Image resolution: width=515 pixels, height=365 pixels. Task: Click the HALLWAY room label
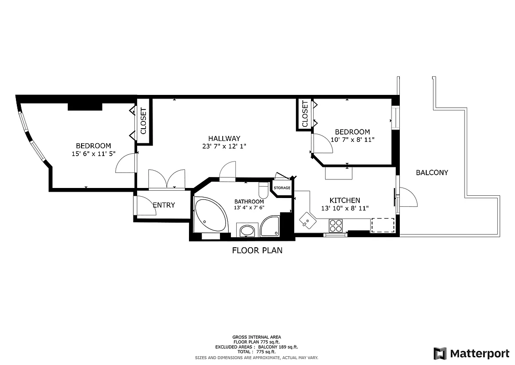[224, 138]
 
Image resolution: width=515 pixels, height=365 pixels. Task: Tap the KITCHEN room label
[345, 200]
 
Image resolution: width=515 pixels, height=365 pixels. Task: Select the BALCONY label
[432, 172]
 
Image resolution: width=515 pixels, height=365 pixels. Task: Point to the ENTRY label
[163, 205]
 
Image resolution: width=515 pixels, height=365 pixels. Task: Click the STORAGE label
[282, 188]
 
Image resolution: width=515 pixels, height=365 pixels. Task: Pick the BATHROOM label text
[249, 202]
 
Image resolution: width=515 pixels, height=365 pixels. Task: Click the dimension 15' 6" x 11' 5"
[93, 154]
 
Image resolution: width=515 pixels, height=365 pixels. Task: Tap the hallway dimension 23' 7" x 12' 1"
[224, 146]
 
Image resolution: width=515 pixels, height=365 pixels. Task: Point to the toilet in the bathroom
[264, 190]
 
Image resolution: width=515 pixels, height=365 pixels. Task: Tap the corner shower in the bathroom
[270, 226]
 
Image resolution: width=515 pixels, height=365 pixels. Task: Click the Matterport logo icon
[440, 354]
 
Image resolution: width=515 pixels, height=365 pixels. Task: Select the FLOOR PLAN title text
[257, 250]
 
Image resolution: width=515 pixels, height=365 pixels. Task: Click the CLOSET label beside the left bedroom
[143, 121]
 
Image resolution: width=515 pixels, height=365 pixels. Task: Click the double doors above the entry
[167, 179]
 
